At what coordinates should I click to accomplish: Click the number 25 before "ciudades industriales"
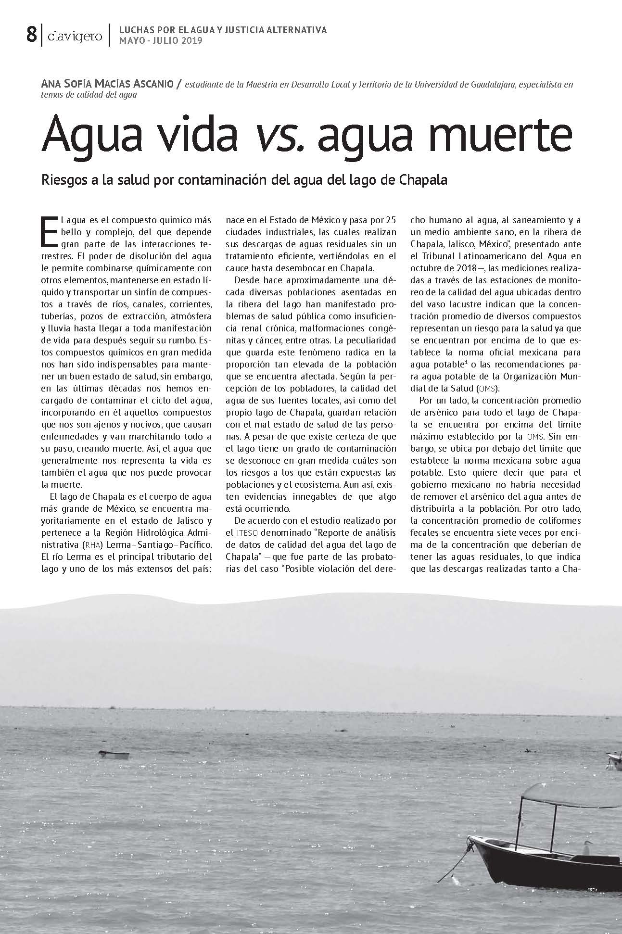point(391,220)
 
